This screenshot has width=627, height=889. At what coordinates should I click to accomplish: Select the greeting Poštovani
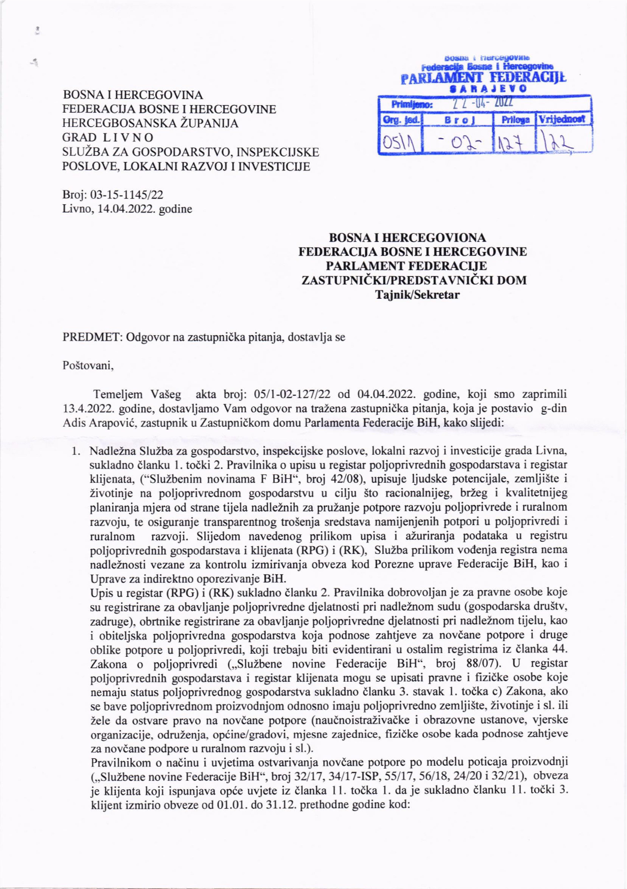click(x=88, y=366)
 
